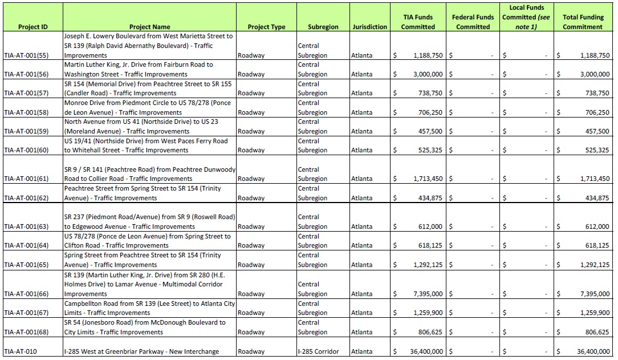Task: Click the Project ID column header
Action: [32, 27]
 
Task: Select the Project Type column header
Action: [266, 27]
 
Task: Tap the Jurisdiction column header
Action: [369, 27]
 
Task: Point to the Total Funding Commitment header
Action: [583, 22]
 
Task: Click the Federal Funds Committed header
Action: [473, 22]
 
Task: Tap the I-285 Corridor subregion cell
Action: [318, 351]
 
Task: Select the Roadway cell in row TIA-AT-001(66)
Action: [251, 294]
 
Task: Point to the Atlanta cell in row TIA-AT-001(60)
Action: [362, 150]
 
